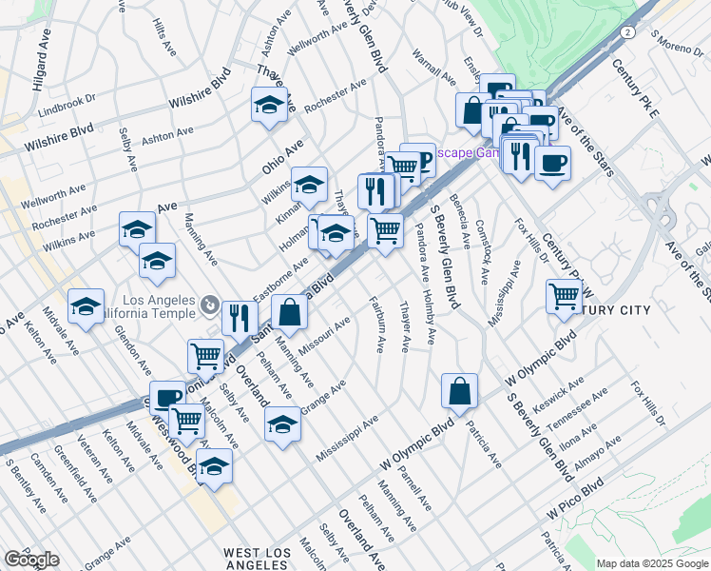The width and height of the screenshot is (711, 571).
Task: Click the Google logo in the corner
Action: tap(31, 560)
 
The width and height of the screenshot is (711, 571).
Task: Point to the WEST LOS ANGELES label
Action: tap(262, 559)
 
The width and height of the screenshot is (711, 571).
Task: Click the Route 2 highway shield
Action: tap(627, 32)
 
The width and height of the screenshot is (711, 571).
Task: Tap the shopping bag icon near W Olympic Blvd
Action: tap(459, 391)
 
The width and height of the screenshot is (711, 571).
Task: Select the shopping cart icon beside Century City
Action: tap(564, 297)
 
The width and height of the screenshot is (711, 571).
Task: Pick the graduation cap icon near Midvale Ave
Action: tap(86, 306)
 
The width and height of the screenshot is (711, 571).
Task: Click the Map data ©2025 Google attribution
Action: tap(652, 563)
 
